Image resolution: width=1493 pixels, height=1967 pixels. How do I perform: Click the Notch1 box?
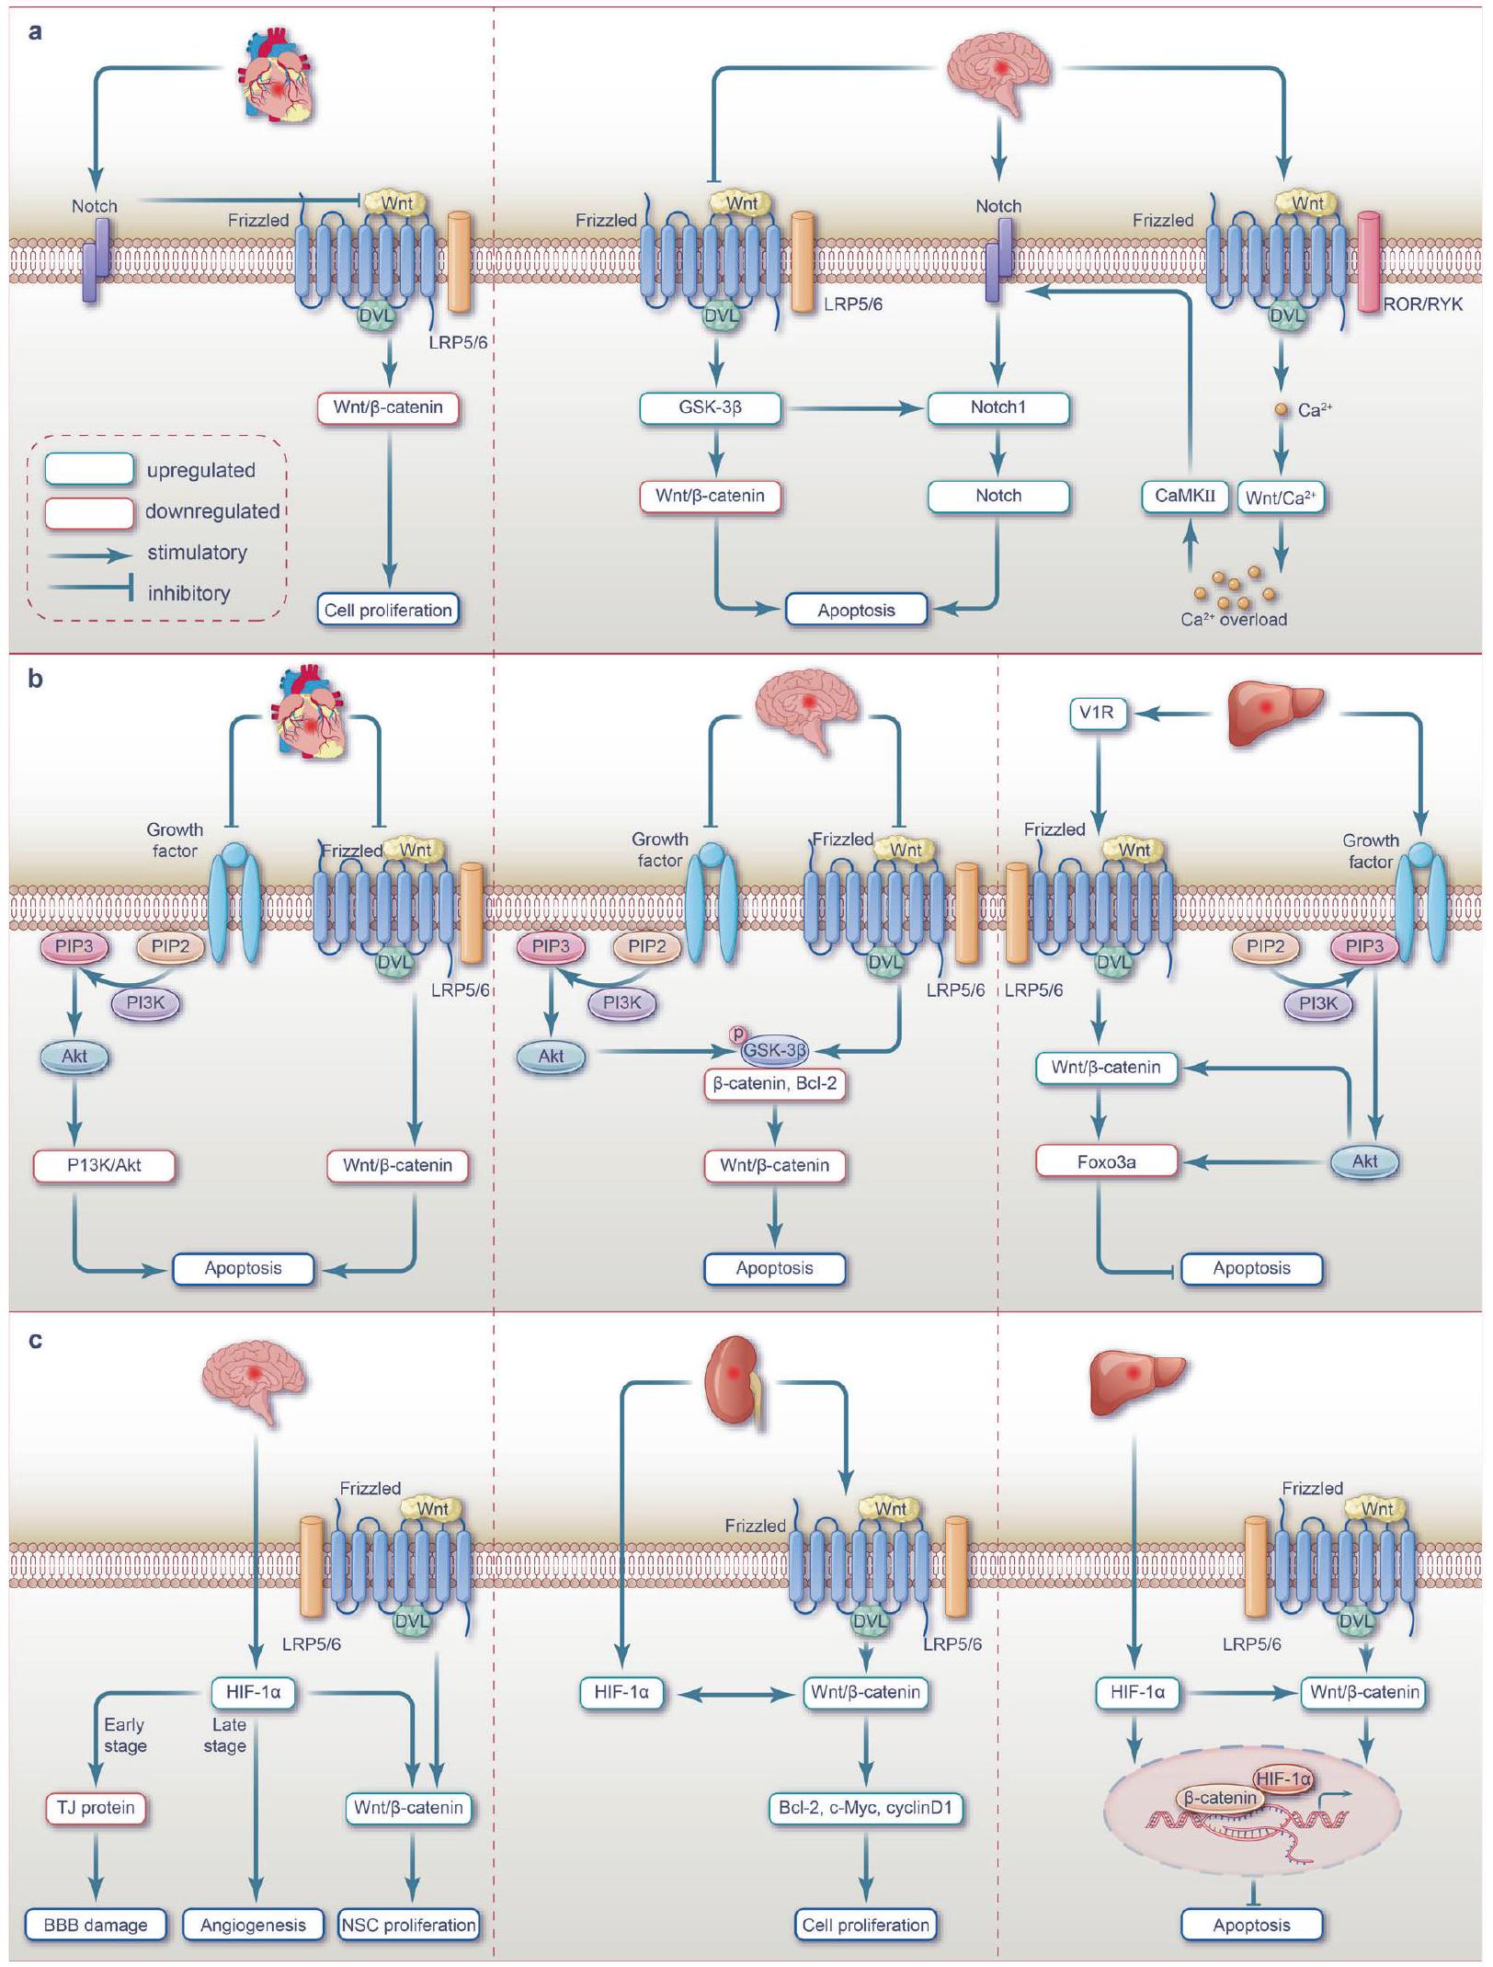tap(998, 407)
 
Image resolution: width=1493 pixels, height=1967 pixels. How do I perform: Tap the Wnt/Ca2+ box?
tap(1281, 497)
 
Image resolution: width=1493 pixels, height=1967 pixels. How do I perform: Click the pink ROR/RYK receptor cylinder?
tap(1369, 262)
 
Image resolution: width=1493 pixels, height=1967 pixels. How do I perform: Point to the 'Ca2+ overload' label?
tap(1234, 620)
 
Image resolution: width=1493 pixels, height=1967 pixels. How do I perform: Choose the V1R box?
tap(1098, 713)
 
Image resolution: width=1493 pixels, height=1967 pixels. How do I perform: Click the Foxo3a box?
tap(1106, 1162)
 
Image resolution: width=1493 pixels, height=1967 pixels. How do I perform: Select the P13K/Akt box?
tap(104, 1166)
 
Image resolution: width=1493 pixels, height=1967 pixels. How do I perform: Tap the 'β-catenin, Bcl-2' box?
tap(775, 1084)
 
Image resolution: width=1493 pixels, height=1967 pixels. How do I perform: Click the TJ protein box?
tap(96, 1808)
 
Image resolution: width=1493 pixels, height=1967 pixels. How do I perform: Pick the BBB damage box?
tap(96, 1925)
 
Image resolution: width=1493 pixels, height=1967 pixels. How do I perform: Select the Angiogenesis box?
tap(253, 1925)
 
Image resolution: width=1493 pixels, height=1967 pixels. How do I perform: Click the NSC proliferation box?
tap(408, 1925)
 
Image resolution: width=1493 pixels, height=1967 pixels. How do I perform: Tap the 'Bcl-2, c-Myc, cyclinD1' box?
tap(865, 1808)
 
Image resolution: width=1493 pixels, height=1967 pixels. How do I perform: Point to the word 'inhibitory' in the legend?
tap(188, 593)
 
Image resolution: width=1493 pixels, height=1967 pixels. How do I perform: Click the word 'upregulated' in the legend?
tap(200, 470)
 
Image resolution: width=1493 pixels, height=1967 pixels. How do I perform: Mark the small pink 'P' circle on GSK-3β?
tap(737, 1035)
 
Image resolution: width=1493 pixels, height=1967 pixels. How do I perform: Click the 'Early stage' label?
tap(124, 1735)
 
